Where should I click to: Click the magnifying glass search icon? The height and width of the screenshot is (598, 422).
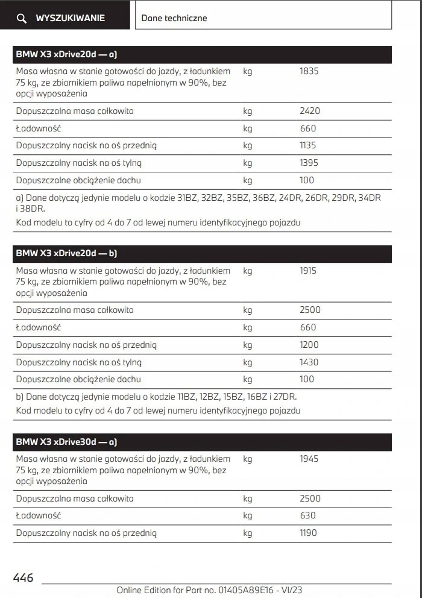22,19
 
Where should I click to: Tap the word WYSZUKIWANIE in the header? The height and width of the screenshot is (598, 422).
70,18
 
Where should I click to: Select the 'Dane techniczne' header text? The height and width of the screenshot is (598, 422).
174,18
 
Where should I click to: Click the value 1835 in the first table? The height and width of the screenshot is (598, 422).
309,71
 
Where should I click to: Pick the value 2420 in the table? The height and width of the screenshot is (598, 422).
310,111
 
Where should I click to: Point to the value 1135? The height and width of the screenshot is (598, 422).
307,145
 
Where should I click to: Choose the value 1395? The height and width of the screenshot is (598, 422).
309,163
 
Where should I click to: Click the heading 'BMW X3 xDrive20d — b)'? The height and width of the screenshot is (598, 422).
66,254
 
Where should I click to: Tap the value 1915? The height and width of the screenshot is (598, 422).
309,271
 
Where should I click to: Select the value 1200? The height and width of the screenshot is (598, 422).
309,345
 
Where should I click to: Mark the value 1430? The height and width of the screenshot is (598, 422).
309,362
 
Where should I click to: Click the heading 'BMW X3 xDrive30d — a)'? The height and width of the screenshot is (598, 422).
66,442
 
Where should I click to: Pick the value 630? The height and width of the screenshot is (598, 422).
307,515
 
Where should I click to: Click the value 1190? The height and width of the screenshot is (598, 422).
307,533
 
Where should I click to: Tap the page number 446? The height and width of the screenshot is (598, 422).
24,578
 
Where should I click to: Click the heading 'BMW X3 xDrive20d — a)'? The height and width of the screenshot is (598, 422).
66,55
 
